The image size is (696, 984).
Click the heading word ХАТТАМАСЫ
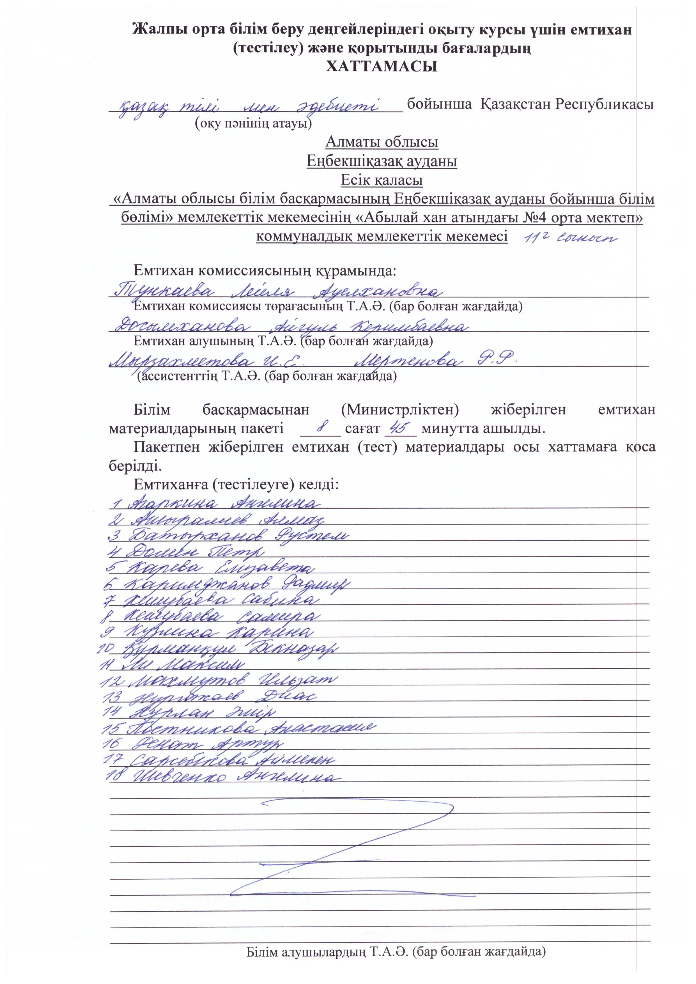point(382,66)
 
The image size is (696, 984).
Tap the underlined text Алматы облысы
point(382,142)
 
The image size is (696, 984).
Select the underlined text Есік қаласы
point(382,180)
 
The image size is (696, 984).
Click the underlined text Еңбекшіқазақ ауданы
point(382,161)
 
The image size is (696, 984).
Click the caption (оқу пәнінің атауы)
point(253,124)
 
